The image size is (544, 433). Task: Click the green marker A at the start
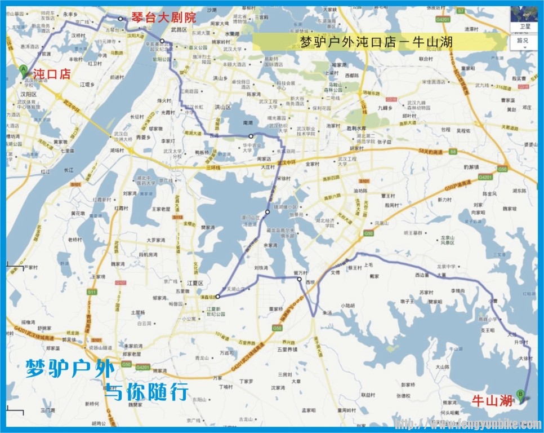click(23, 70)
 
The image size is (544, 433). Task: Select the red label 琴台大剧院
click(164, 17)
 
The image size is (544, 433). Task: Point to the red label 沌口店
click(51, 73)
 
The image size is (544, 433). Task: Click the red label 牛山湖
click(492, 401)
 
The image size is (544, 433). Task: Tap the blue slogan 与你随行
click(145, 391)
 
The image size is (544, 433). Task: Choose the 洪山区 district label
click(225, 107)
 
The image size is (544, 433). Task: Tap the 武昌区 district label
click(179, 29)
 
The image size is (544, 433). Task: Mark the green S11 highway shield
click(92, 292)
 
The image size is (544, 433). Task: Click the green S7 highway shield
click(461, 11)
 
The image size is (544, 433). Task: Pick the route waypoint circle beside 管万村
click(300, 279)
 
